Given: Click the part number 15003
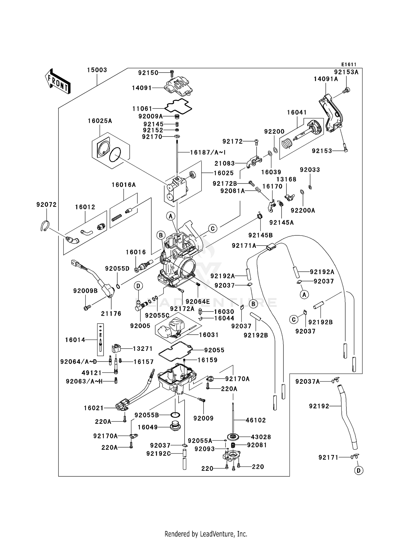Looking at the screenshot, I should pos(97,70).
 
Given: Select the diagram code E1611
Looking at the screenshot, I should pos(349,64).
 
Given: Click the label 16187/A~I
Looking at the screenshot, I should pos(208,152).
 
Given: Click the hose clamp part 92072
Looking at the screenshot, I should pos(44,226).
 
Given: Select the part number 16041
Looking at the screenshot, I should pos(297,112).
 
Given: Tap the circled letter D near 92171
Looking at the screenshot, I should pos(358,471).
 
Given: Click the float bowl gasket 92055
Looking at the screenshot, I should pos(175,350).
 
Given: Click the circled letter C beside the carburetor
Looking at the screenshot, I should pos(213,229).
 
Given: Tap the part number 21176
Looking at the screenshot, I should pos(111,313).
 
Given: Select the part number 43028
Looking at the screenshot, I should pos(261,437).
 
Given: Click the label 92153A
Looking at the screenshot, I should pos(346,72).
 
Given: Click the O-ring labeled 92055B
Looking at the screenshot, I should pos(175,415).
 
